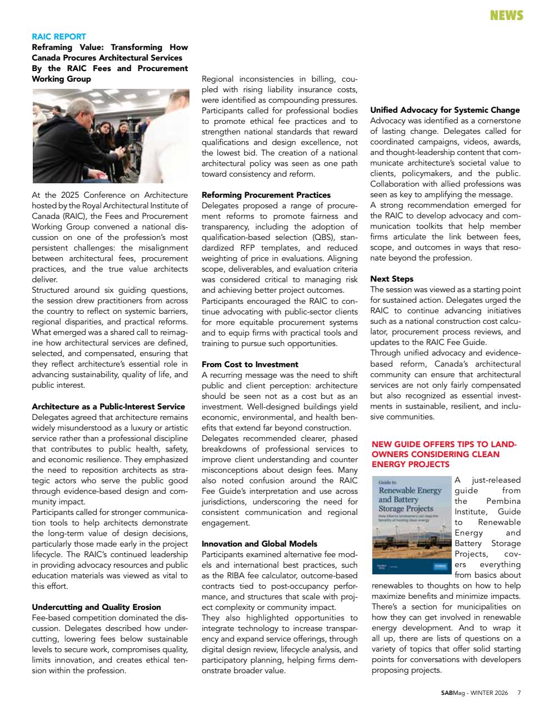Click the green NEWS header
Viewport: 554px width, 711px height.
506,16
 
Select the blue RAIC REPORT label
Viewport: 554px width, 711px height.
59,37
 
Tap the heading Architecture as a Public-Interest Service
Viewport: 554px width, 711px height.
108,407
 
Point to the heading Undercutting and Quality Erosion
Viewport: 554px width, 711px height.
96,607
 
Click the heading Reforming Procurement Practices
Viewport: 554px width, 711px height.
266,195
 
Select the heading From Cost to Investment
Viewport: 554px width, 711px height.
249,364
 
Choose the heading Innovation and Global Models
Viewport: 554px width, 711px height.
259,544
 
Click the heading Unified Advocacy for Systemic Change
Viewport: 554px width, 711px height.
445,110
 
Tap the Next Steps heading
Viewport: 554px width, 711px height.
392,279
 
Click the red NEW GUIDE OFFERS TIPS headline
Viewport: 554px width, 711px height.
444,454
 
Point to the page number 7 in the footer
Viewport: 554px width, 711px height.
519,693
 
